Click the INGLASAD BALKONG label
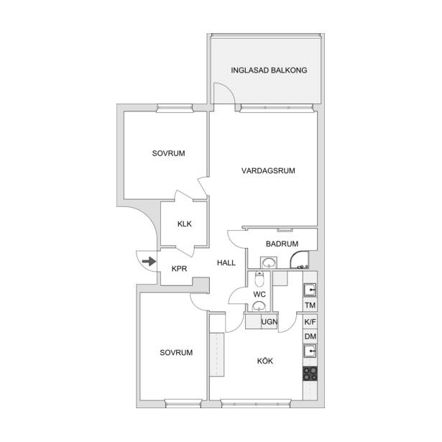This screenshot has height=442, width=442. (269, 70)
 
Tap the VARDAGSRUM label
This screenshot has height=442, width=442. (268, 170)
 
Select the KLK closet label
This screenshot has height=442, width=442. (185, 224)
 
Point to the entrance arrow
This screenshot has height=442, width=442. (149, 262)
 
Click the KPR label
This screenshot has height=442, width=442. (179, 269)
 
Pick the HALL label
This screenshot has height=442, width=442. (226, 263)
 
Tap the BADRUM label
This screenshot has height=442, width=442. (282, 244)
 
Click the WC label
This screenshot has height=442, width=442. (259, 295)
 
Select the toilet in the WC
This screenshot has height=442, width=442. (259, 279)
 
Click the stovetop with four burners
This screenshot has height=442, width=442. (310, 374)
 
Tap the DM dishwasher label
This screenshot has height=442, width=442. (310, 336)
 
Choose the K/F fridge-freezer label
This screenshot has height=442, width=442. (310, 322)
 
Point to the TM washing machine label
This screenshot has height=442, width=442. (310, 305)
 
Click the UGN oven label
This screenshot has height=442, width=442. (270, 322)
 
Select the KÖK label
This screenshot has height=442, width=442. (265, 361)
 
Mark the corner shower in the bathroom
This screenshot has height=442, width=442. (300, 260)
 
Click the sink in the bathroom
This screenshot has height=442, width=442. (269, 263)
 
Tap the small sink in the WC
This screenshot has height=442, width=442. (258, 306)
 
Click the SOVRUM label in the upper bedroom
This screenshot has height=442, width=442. (169, 153)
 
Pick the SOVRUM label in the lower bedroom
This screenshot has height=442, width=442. (176, 352)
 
